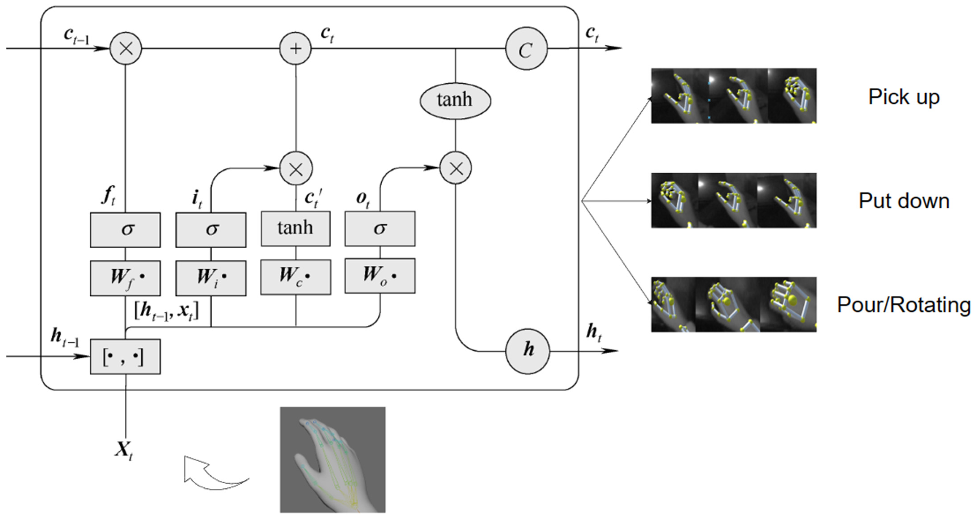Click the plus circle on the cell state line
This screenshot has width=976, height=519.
(296, 48)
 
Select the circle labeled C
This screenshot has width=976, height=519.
(526, 48)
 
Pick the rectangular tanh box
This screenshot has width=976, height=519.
(296, 229)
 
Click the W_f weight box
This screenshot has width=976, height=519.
(125, 278)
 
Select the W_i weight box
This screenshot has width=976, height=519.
(211, 278)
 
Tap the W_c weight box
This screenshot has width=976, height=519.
(296, 277)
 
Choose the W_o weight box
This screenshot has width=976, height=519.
(380, 276)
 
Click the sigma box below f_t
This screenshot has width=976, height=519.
(125, 230)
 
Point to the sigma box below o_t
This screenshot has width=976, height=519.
(380, 229)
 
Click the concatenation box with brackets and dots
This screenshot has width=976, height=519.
(125, 356)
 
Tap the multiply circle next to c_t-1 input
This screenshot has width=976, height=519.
(126, 48)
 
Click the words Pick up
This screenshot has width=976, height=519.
(904, 97)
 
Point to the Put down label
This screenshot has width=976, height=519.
(904, 201)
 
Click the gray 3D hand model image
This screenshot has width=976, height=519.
(333, 460)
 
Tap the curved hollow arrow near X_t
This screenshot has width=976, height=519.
(212, 474)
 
